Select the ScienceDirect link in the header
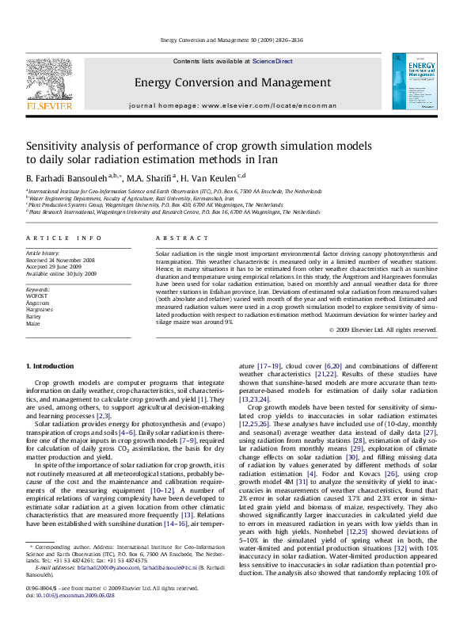[273, 61]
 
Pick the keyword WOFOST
[38, 295]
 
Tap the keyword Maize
[34, 323]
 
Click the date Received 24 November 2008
[60, 259]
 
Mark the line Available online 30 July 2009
[60, 273]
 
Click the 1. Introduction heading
[51, 365]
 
